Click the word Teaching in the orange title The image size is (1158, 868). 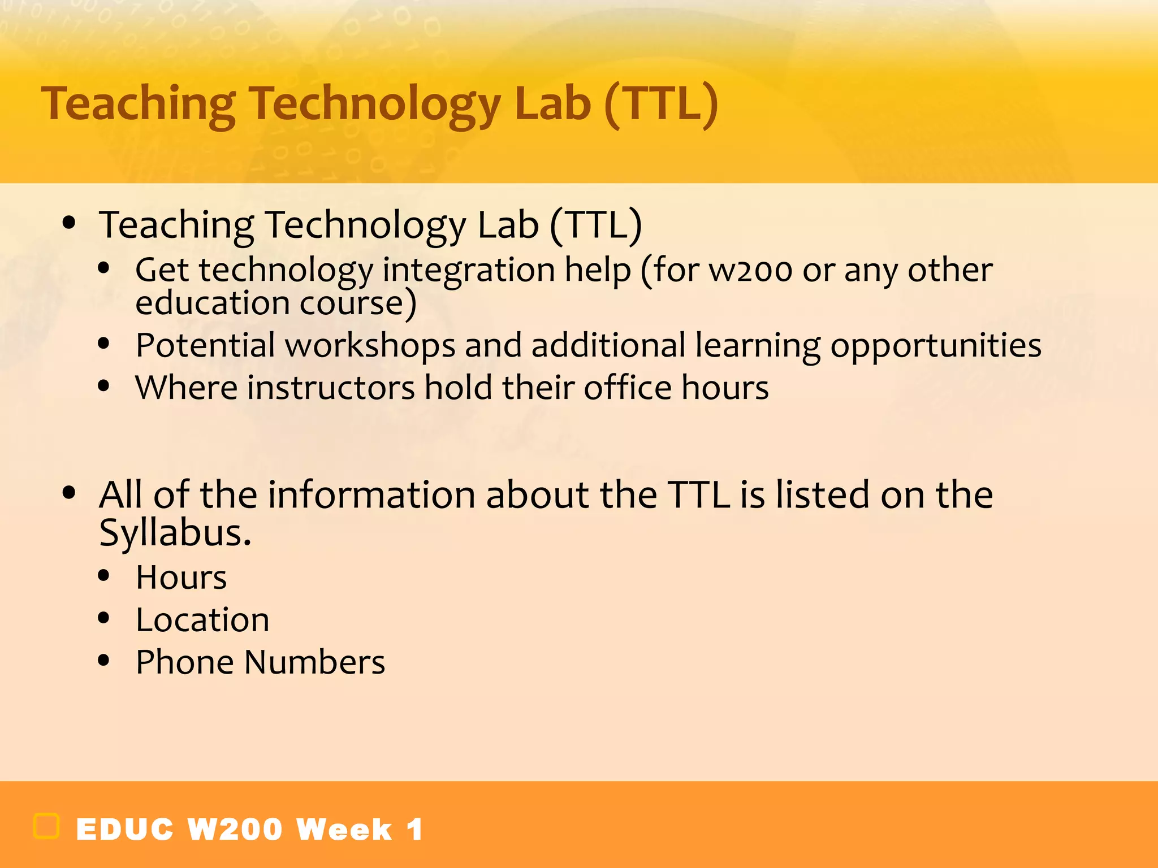tap(139, 105)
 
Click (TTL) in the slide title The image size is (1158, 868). tap(660, 105)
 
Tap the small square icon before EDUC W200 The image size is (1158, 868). tap(46, 826)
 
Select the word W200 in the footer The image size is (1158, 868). tap(235, 830)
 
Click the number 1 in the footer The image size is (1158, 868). tap(414, 830)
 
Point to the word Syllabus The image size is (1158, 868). tap(175, 532)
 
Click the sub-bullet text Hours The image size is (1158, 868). tap(181, 578)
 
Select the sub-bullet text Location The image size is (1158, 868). tap(202, 620)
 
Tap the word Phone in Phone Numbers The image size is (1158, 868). tap(185, 662)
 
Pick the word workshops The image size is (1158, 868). tap(370, 346)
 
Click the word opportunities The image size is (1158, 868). tap(935, 346)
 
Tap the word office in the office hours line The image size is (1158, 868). tap(627, 388)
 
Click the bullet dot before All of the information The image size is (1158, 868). tap(69, 493)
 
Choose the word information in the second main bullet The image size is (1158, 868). tap(371, 494)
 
